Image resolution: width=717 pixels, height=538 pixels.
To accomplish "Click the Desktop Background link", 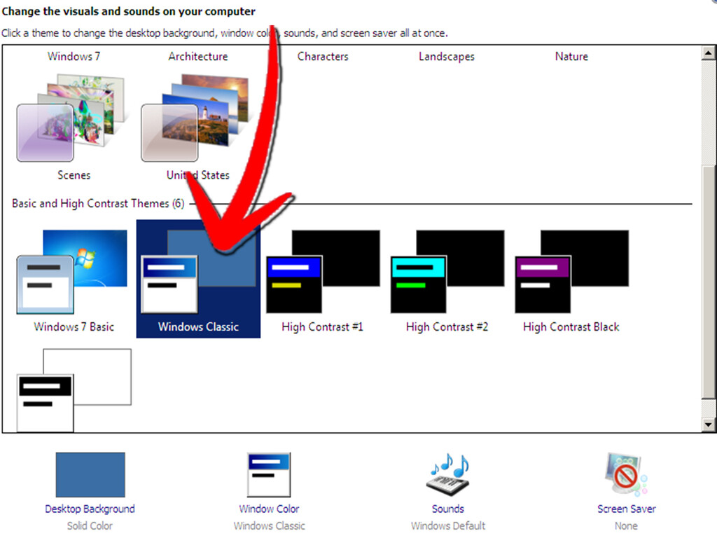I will (90, 509).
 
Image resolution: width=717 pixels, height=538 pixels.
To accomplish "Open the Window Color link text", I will (269, 509).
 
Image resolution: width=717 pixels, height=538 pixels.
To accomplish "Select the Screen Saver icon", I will (626, 474).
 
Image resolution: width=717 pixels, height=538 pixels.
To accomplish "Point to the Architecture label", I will (198, 57).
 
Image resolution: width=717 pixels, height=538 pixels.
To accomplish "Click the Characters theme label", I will (323, 57).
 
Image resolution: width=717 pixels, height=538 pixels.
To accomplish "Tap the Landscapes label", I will (447, 57).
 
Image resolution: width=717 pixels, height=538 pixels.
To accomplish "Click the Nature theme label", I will (571, 57).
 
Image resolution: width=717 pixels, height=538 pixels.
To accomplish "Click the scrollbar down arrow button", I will (709, 425).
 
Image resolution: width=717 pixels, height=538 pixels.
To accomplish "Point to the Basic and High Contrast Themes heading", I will (98, 204).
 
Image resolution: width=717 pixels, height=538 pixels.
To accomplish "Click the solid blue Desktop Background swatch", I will (90, 474).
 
